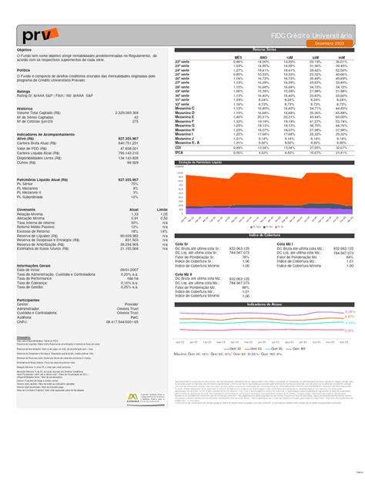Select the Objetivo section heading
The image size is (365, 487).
[x=24, y=50]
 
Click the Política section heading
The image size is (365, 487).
[x=23, y=69]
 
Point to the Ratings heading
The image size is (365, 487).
[x=24, y=89]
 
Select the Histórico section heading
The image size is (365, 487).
[x=25, y=109]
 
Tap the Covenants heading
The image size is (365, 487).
[x=26, y=209]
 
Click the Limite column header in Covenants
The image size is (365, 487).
[x=162, y=209]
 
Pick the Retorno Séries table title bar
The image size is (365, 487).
[x=264, y=50]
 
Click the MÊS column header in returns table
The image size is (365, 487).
[x=238, y=56]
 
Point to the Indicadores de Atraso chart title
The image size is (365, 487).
[x=264, y=304]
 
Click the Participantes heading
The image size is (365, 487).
[x=28, y=300]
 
